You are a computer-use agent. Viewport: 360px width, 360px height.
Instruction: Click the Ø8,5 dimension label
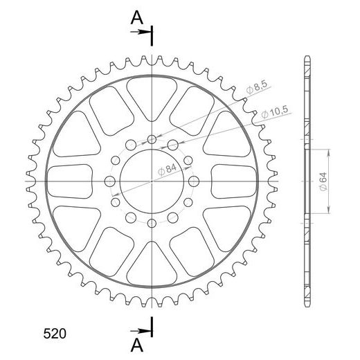point(257,87)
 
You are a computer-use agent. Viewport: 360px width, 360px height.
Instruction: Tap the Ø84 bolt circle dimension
point(167,170)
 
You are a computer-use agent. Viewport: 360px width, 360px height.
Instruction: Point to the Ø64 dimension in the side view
point(323,181)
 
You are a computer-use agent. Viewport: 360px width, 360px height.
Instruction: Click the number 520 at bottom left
point(55,334)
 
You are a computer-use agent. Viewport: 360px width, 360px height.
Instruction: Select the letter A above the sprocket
point(137,18)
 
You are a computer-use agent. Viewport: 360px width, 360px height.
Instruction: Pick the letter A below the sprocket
point(137,345)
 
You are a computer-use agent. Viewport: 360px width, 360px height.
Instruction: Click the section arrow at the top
point(141,32)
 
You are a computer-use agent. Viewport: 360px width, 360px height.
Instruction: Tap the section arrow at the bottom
point(141,331)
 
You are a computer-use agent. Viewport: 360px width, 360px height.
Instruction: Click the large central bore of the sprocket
point(152,181)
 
